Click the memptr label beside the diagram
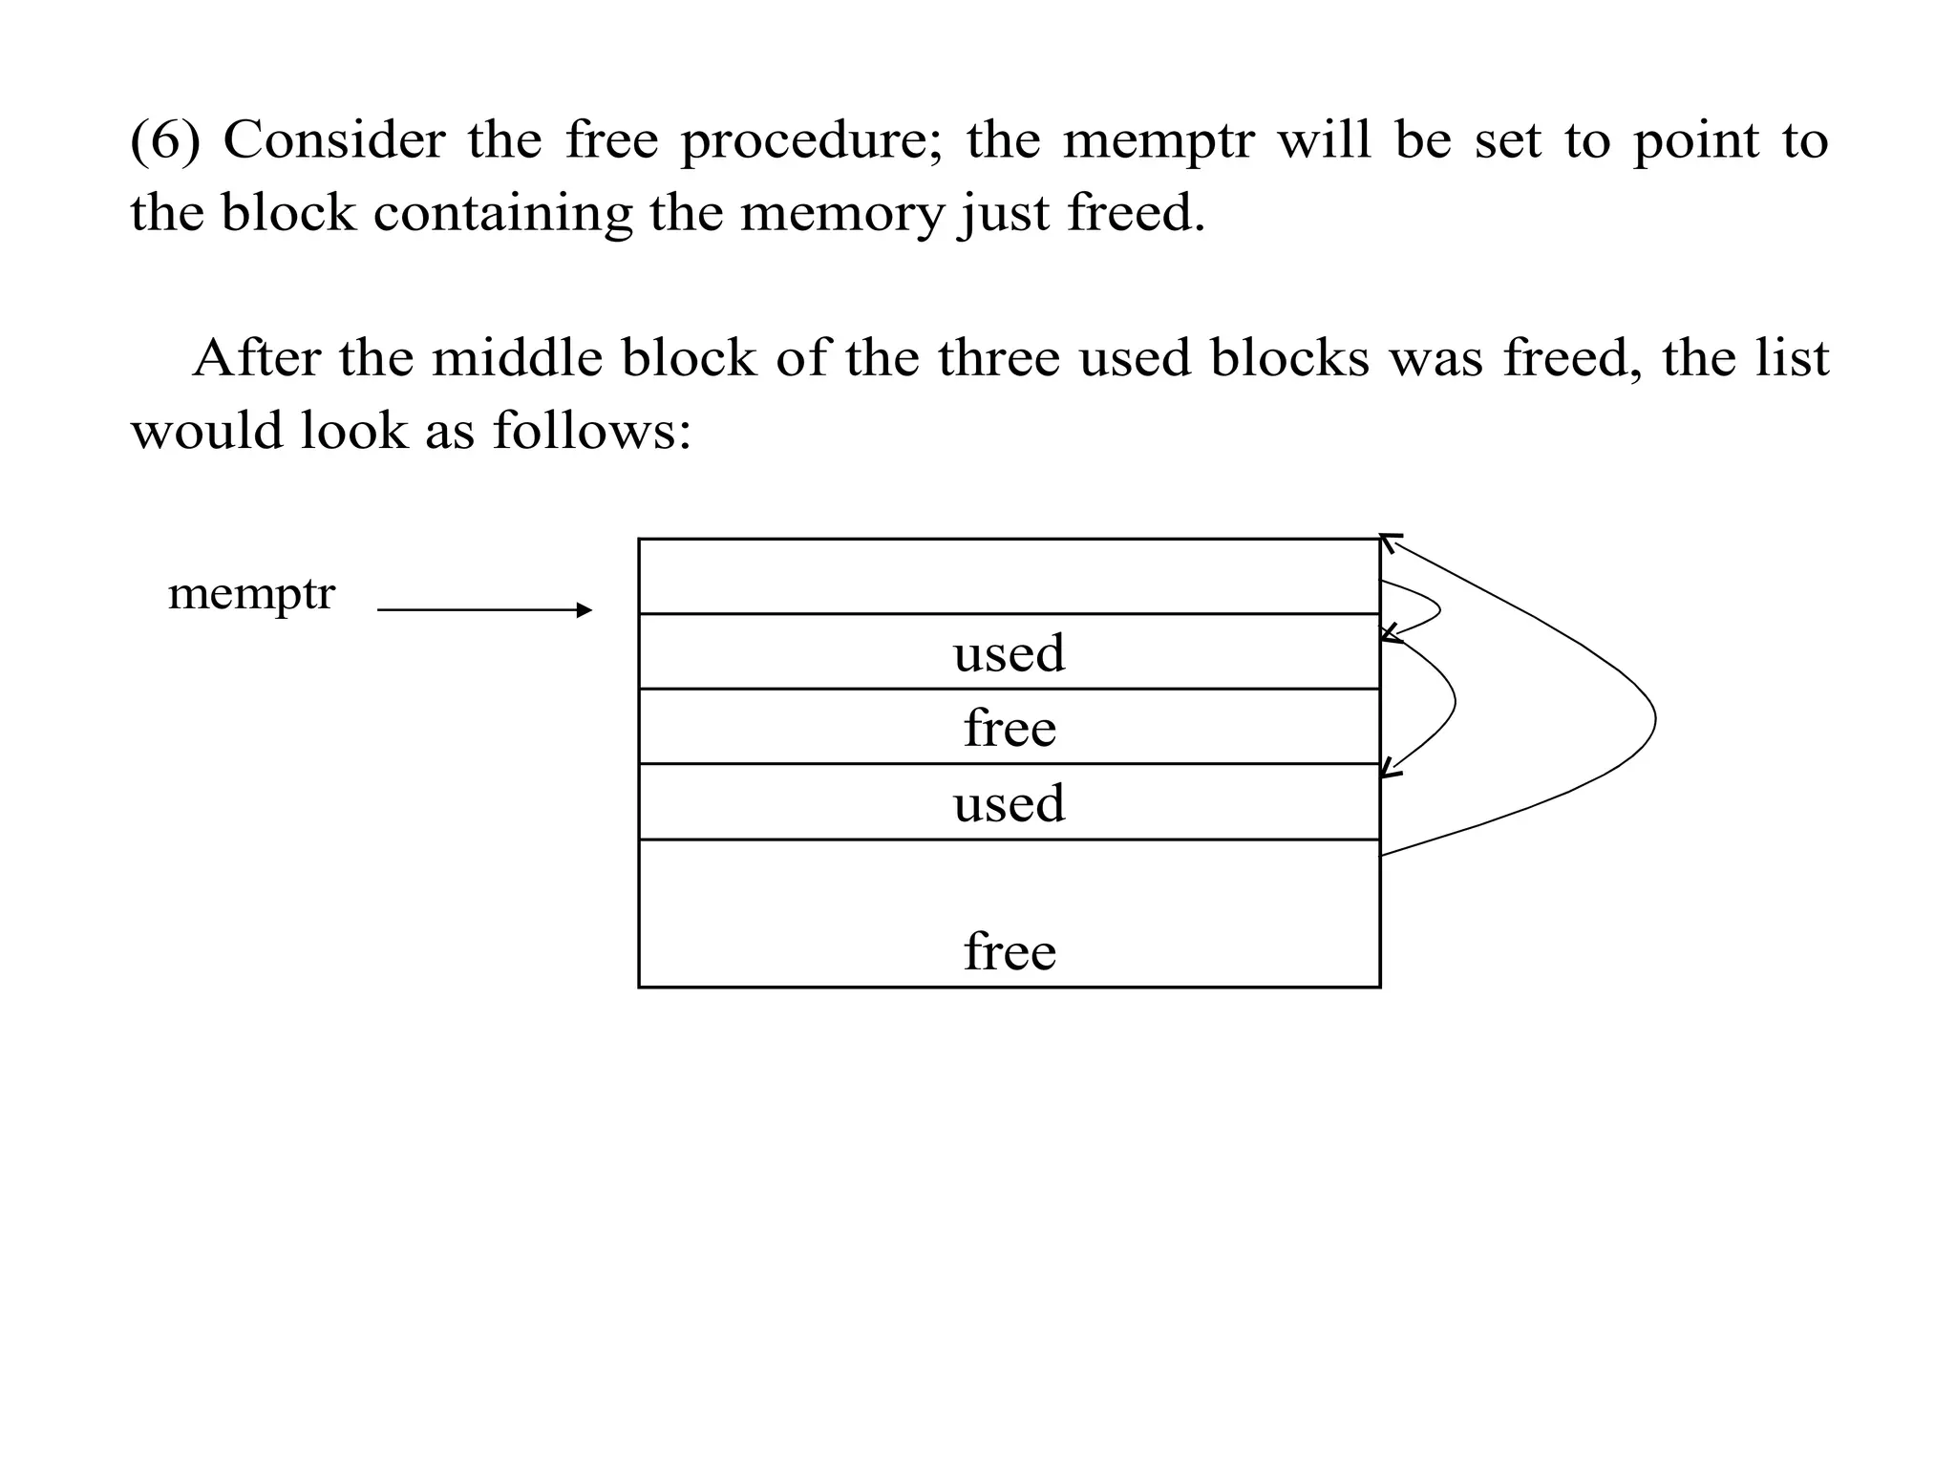click(x=251, y=594)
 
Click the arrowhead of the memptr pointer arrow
click(x=585, y=610)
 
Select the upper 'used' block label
click(x=1009, y=653)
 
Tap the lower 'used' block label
click(x=1009, y=803)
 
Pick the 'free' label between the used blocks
click(x=1010, y=729)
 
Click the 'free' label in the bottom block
click(x=1010, y=952)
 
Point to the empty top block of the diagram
click(x=1009, y=577)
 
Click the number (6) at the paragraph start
click(x=165, y=140)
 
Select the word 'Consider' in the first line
click(x=334, y=140)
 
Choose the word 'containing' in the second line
click(x=502, y=213)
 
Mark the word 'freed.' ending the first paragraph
click(x=1136, y=212)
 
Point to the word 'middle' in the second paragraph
click(x=517, y=359)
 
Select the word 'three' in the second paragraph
click(x=998, y=359)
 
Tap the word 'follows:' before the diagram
click(x=592, y=432)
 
